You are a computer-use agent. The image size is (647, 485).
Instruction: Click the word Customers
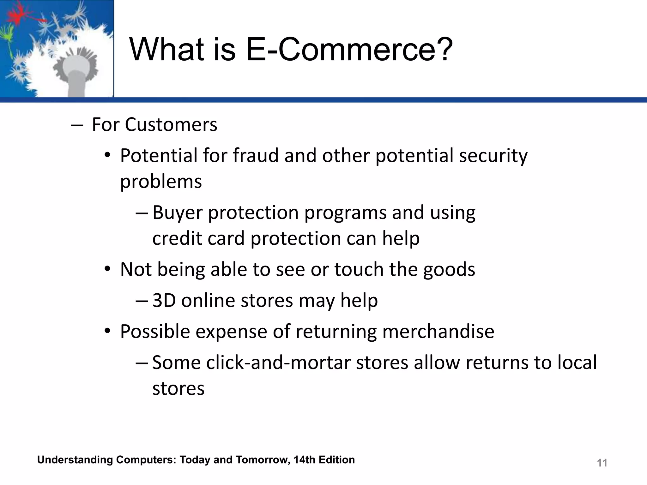coord(171,124)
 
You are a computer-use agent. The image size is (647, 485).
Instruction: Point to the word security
coord(493,156)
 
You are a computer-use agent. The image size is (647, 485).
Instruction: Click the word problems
coord(161,182)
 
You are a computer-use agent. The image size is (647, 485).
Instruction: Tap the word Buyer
coord(177,213)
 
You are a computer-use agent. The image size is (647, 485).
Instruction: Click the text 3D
coord(164,300)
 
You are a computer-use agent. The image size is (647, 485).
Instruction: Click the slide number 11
coord(602,463)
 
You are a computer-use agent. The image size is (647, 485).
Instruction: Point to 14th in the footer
coord(304,460)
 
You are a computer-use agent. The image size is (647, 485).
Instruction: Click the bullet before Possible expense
coord(107,331)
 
